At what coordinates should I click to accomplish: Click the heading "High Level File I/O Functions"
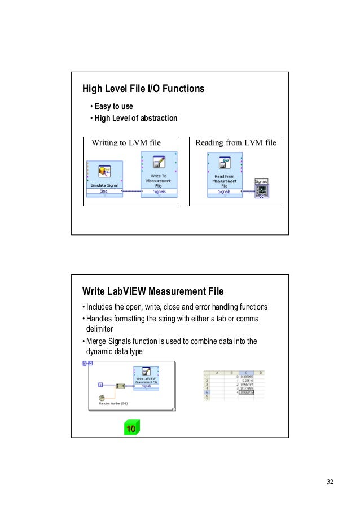click(x=143, y=89)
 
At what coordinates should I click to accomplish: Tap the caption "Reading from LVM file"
click(x=235, y=142)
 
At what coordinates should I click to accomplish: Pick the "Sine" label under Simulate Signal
click(x=104, y=191)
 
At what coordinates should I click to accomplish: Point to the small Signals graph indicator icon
click(x=261, y=191)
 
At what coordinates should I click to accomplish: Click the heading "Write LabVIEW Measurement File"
click(x=153, y=291)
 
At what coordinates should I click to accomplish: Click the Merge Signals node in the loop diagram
click(x=120, y=386)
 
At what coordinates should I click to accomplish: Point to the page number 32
click(x=330, y=481)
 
